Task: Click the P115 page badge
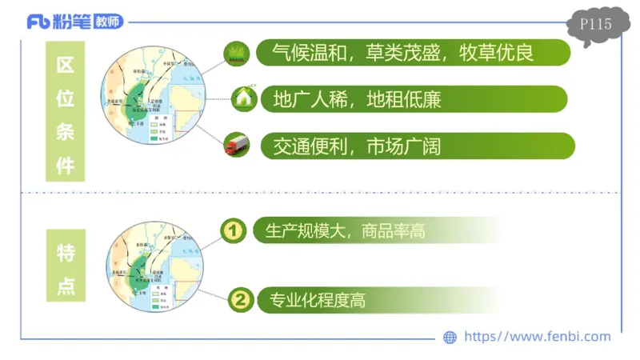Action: pyautogui.click(x=595, y=25)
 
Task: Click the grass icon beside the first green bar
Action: pyautogui.click(x=236, y=54)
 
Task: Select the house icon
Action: pyautogui.click(x=242, y=99)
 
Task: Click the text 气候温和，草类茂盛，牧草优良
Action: pyautogui.click(x=402, y=54)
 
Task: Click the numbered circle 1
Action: pyautogui.click(x=234, y=230)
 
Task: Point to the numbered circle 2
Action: pyautogui.click(x=240, y=300)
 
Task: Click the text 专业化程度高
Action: pyautogui.click(x=318, y=300)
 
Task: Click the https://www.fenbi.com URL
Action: pyautogui.click(x=537, y=337)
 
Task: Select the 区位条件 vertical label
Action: pyautogui.click(x=65, y=115)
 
